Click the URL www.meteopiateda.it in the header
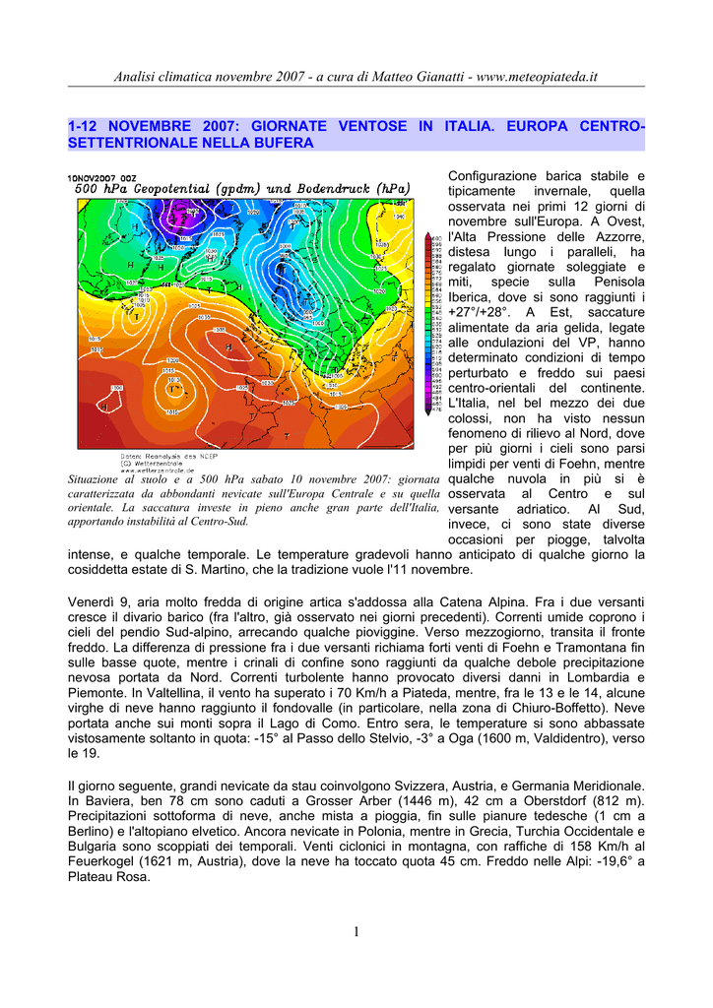538,77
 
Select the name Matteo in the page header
368,77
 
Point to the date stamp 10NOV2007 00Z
102,178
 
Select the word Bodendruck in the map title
330,189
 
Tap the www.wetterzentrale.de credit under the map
150,470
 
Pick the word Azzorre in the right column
618,236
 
